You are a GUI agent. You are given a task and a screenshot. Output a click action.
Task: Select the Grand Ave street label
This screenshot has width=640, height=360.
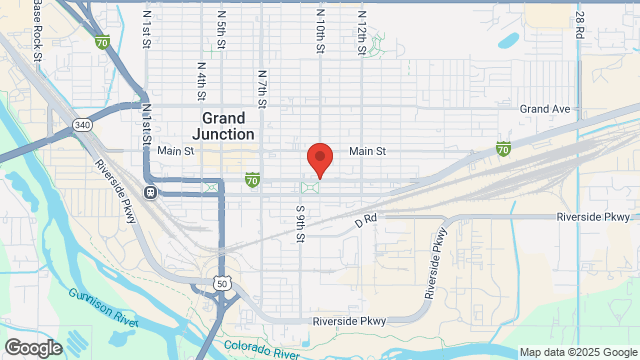coord(544,108)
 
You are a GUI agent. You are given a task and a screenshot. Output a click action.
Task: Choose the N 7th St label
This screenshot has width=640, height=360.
coord(262,87)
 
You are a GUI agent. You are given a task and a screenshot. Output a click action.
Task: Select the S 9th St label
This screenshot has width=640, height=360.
coord(299,224)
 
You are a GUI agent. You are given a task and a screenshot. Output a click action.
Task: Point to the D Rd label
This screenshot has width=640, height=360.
coord(364,217)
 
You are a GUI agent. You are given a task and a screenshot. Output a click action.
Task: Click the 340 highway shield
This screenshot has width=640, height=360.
coord(82,125)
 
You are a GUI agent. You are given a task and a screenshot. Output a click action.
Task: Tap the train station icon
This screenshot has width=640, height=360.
coord(150,193)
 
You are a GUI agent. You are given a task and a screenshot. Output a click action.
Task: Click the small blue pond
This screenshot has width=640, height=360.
coord(507,42)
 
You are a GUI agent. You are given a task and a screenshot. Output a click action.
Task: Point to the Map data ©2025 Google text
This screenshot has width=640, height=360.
coord(577,352)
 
